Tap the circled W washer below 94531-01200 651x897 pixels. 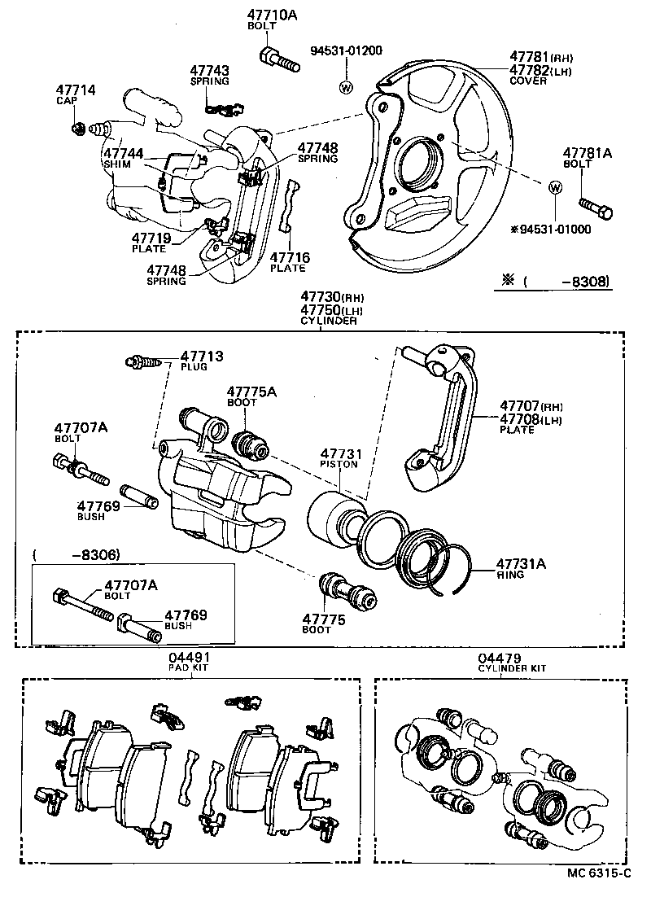[345, 87]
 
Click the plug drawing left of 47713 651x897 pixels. [141, 361]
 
